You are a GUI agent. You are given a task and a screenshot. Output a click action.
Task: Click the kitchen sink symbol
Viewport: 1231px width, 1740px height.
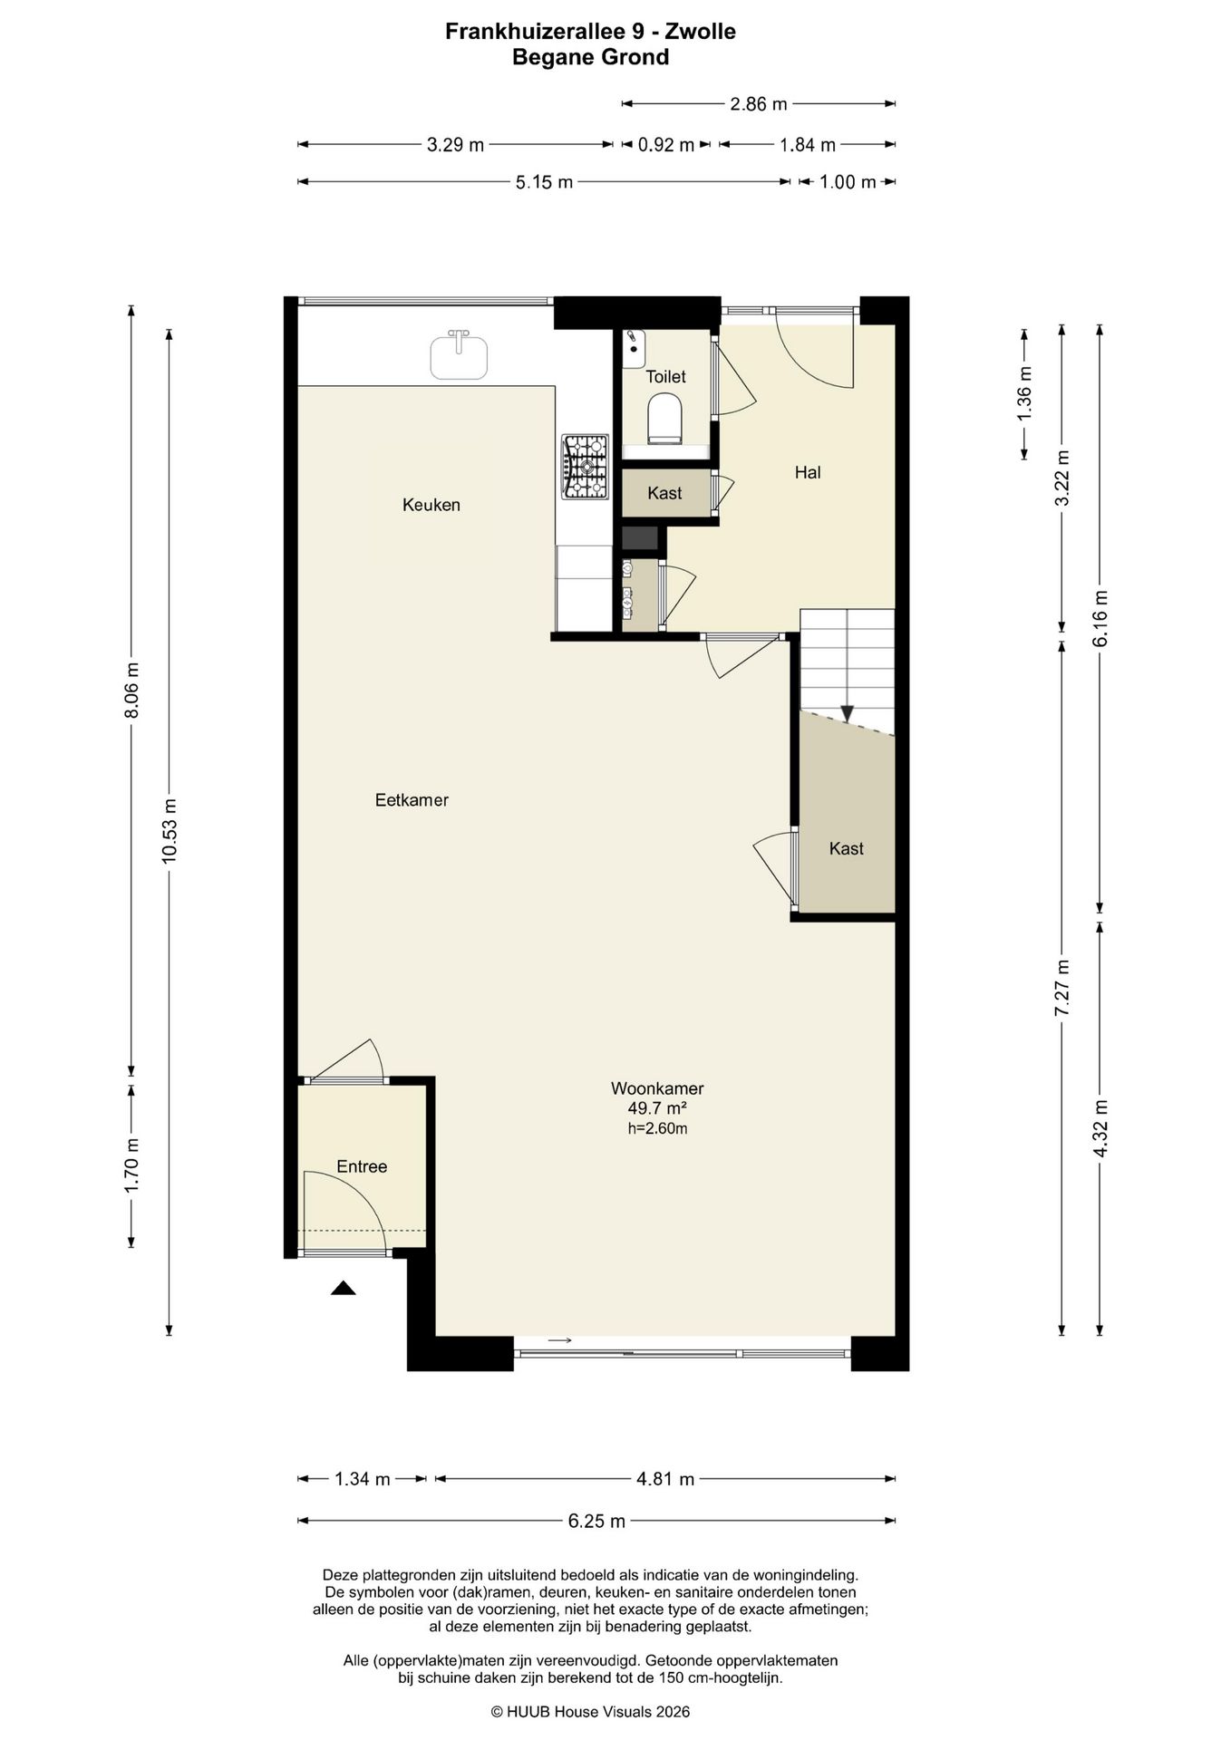click(x=458, y=354)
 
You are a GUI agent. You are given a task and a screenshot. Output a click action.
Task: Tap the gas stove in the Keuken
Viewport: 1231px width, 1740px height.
click(x=586, y=466)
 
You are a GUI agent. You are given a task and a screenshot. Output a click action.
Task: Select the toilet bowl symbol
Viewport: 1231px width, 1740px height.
click(x=664, y=419)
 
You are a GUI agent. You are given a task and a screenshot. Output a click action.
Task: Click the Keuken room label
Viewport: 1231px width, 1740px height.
click(x=431, y=505)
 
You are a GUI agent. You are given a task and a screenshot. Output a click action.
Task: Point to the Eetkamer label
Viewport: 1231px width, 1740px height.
click(x=412, y=800)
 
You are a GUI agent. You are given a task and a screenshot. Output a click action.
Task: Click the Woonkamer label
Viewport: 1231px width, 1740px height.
click(x=657, y=1088)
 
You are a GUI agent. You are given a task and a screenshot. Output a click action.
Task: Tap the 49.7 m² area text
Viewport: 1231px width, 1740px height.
click(x=657, y=1108)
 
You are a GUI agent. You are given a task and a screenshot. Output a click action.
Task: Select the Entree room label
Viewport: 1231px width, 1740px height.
click(x=362, y=1166)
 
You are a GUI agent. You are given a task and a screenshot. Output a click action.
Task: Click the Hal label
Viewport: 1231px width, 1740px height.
click(x=808, y=472)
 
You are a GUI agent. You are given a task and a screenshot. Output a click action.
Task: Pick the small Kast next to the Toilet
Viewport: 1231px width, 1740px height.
click(x=664, y=493)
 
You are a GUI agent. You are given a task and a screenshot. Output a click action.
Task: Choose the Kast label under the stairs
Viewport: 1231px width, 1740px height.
click(x=847, y=848)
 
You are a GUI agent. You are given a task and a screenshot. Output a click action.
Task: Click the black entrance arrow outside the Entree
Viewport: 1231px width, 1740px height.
click(x=343, y=1289)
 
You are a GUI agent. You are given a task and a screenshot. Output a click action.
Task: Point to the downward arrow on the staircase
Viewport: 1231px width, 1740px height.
click(x=847, y=714)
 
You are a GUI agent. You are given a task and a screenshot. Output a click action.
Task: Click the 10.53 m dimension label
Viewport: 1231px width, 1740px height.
click(x=169, y=831)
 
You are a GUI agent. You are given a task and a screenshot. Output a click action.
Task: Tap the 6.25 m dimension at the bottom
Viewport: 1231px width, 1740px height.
click(x=596, y=1521)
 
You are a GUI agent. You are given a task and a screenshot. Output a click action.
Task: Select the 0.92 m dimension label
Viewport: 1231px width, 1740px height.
click(x=666, y=145)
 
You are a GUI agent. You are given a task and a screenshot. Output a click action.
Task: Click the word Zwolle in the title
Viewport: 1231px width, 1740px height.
click(x=701, y=32)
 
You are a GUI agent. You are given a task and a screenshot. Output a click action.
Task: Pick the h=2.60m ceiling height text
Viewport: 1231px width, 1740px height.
click(x=657, y=1128)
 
